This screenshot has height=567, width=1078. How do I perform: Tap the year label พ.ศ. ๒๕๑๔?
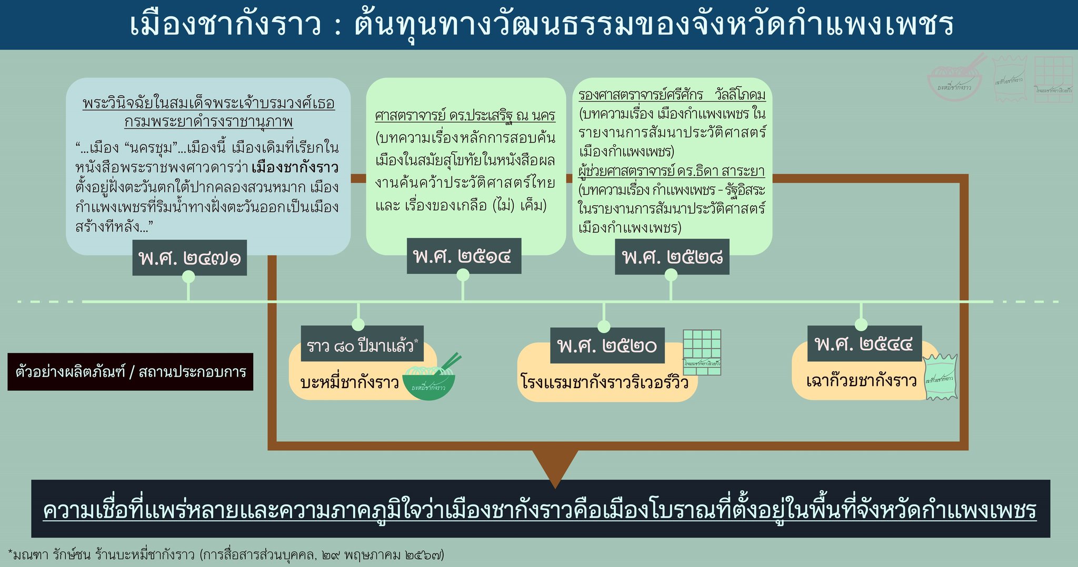463,256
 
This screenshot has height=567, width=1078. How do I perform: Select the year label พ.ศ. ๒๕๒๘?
672,257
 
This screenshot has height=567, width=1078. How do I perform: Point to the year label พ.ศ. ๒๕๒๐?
607,346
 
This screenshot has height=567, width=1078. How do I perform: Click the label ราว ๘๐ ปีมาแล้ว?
362,346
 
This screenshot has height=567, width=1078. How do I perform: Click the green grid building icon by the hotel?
702,352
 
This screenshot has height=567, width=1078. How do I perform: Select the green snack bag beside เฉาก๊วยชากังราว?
940,377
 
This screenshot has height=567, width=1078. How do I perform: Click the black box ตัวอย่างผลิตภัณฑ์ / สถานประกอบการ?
130,372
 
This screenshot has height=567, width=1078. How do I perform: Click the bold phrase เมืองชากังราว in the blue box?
295,168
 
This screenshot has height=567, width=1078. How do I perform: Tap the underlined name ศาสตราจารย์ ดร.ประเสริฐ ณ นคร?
465,115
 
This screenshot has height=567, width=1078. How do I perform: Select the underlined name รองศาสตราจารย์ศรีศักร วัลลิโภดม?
672,95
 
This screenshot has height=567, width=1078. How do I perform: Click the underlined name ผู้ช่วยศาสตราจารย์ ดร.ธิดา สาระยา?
672,171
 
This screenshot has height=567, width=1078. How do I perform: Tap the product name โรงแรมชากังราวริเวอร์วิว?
604,381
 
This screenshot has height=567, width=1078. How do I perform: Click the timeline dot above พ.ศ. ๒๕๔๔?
861,324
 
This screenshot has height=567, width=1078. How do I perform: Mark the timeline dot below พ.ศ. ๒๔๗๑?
188,277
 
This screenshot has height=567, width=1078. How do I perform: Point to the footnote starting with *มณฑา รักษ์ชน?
226,554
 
